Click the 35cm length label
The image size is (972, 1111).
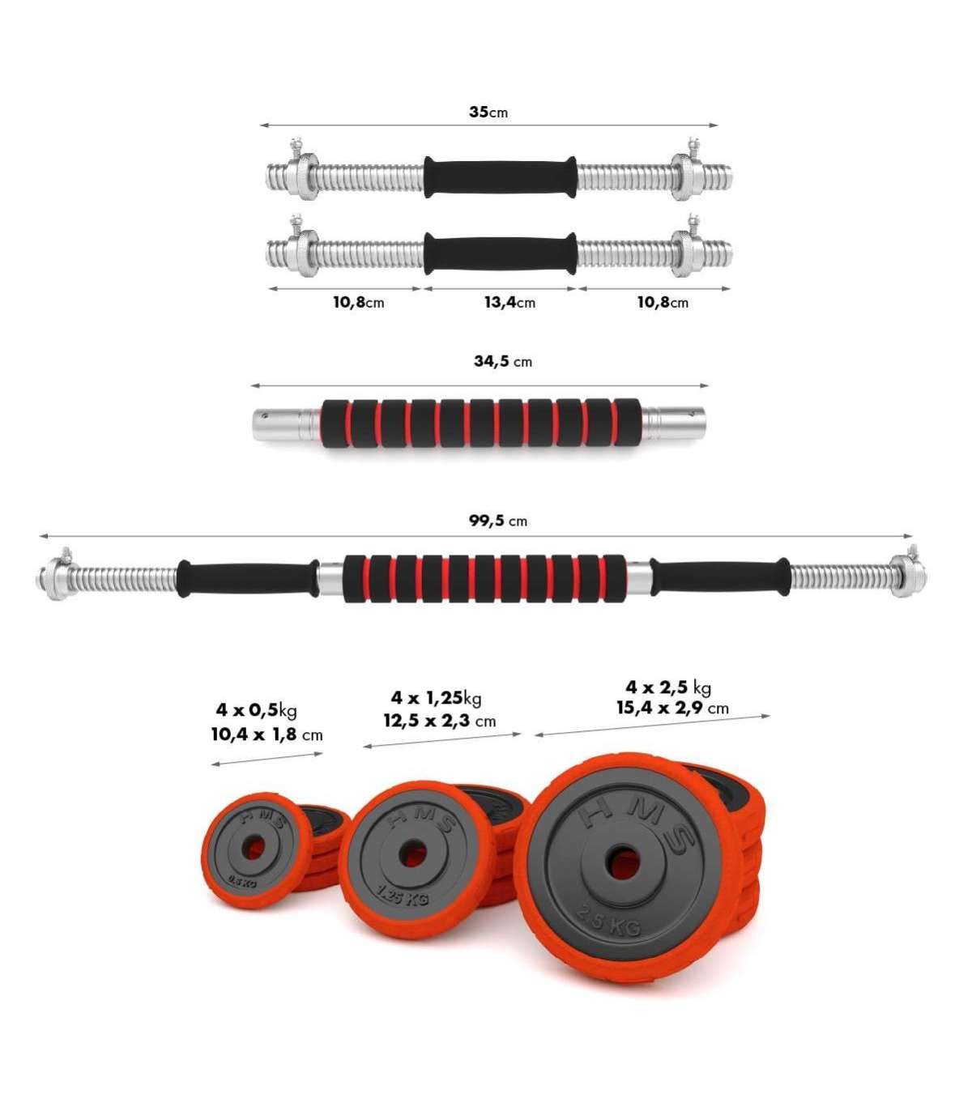click(488, 112)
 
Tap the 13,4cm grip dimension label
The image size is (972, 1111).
click(509, 303)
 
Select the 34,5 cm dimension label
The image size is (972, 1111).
click(503, 361)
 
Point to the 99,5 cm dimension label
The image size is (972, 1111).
click(498, 521)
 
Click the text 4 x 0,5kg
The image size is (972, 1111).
click(256, 709)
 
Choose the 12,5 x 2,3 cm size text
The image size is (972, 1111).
click(439, 722)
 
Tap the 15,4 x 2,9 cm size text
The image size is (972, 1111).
click(672, 708)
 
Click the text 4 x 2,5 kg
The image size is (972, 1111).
click(668, 687)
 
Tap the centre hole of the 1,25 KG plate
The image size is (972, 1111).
click(412, 853)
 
